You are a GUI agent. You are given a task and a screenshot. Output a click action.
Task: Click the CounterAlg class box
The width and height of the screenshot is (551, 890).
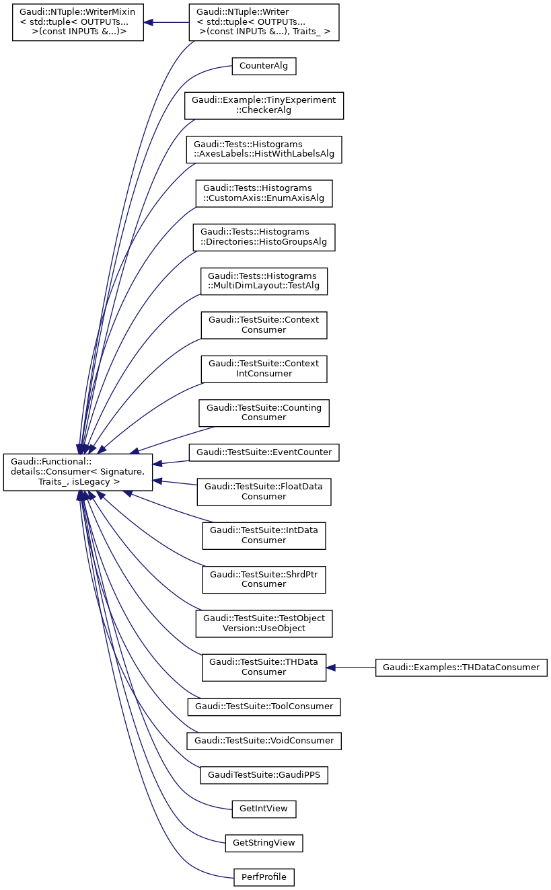[x=264, y=67]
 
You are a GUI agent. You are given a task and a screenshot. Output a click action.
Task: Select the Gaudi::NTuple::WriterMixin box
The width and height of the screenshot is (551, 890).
[x=78, y=22]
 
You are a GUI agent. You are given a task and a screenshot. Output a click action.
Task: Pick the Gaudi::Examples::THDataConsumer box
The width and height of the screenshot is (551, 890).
[x=461, y=667]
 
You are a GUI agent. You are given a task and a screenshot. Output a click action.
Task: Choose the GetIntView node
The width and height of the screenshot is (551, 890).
[x=264, y=809]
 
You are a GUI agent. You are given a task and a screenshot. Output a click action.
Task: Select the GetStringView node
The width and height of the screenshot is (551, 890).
[x=264, y=843]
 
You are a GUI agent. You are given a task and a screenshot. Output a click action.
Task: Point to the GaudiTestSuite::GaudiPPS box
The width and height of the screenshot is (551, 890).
[x=264, y=774]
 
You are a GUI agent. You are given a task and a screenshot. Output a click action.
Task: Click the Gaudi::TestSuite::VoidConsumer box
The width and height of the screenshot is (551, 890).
[x=264, y=741]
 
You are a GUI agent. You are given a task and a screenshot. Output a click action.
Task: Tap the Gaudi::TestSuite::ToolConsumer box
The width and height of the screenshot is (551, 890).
[x=264, y=706]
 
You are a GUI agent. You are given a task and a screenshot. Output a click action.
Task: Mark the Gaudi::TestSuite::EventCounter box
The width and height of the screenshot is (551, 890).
[x=264, y=452]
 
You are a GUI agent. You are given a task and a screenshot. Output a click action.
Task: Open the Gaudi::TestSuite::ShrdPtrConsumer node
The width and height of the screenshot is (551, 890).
[x=264, y=579]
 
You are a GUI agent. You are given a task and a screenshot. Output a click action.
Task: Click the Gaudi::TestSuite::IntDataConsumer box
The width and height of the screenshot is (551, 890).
[x=264, y=535]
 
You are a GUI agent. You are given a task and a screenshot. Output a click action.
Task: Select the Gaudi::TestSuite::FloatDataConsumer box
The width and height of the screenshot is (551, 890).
[x=264, y=491]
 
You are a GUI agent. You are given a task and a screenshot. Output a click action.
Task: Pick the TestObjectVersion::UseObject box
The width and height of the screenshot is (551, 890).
[x=264, y=623]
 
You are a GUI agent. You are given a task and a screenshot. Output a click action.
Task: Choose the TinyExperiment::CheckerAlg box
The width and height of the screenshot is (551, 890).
[x=264, y=105]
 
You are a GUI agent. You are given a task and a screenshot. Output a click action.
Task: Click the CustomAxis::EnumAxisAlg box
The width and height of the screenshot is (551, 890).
[x=264, y=193]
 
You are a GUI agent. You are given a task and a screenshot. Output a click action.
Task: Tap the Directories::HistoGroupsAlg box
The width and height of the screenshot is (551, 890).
[x=264, y=237]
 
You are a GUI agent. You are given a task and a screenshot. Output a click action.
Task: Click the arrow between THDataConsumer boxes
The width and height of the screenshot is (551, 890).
[x=351, y=667]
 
